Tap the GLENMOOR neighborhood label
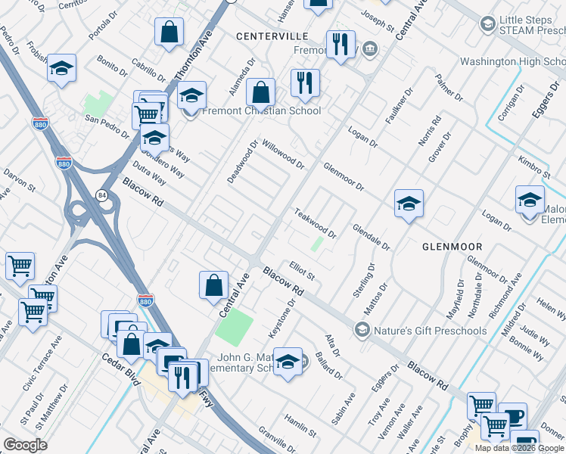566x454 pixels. pyautogui.click(x=452, y=247)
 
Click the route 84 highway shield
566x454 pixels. pyautogui.click(x=101, y=196)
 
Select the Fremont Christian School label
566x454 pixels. pyautogui.click(x=261, y=111)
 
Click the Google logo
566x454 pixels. pyautogui.click(x=25, y=445)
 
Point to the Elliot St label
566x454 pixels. pyautogui.click(x=302, y=272)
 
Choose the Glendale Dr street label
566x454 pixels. pyautogui.click(x=371, y=236)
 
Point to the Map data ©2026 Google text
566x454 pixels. pyautogui.click(x=519, y=448)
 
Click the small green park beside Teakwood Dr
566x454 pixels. pyautogui.click(x=316, y=244)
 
